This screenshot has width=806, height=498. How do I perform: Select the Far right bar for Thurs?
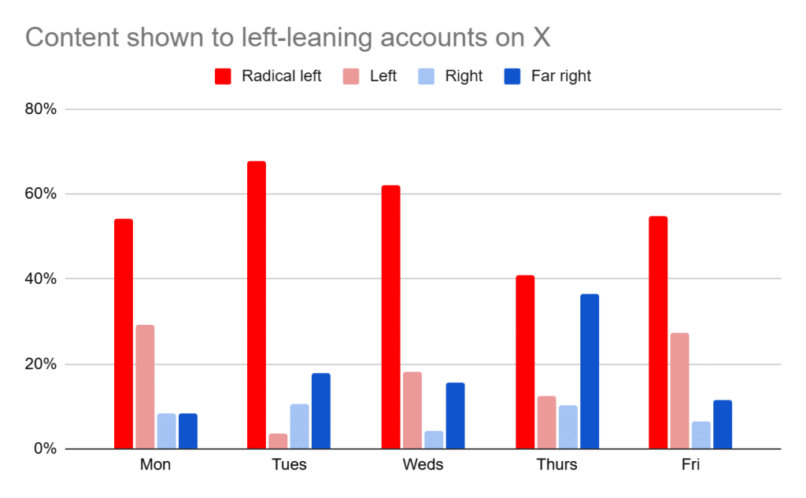click(x=590, y=371)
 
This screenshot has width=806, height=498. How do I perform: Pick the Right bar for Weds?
click(x=434, y=440)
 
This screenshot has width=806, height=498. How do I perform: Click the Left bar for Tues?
click(x=278, y=441)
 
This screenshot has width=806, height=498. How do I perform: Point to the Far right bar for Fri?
click(x=723, y=425)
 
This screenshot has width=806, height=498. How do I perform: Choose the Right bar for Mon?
click(x=166, y=431)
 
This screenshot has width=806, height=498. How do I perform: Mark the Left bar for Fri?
click(x=680, y=391)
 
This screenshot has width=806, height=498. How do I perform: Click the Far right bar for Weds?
click(x=455, y=415)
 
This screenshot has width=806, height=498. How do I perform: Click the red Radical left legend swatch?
click(x=223, y=76)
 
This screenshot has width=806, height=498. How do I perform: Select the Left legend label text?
click(x=383, y=76)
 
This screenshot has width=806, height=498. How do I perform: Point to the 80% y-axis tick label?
click(x=39, y=109)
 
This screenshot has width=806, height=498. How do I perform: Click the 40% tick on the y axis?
click(x=39, y=279)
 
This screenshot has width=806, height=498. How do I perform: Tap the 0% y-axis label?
click(x=43, y=449)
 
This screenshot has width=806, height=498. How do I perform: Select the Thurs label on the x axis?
click(x=556, y=464)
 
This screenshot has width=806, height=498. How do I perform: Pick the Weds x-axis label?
click(x=423, y=464)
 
